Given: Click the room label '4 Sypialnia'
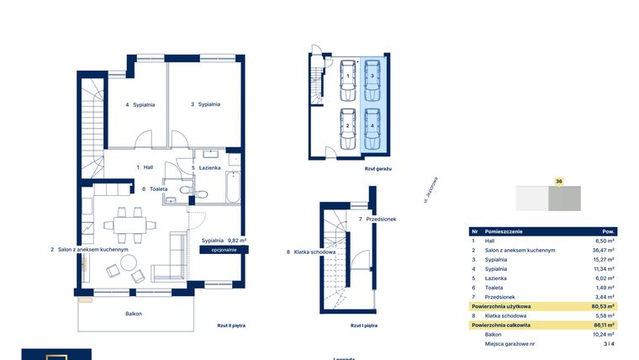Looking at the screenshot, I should point(140,104).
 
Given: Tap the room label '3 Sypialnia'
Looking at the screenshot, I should point(205,104).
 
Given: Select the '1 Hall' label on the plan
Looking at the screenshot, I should point(145,167).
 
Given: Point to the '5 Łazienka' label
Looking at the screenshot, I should point(206,167).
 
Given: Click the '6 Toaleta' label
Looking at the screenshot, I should point(155,189).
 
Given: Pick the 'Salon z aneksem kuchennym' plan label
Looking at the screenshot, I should point(88,250).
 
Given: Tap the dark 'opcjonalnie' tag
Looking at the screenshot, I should point(224,250).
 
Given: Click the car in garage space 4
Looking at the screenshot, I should point(372,125).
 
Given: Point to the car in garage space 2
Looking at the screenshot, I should point(347,125).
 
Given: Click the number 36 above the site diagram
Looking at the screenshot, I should point(558,181).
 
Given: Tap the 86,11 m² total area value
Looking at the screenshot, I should point(603,324).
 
